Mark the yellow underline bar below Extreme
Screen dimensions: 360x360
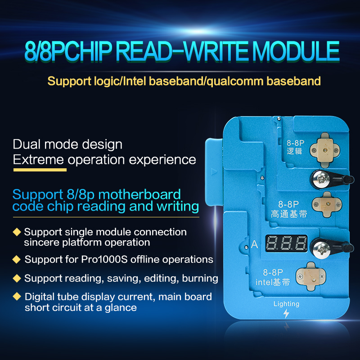point(40,170)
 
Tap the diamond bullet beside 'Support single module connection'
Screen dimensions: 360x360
point(17,232)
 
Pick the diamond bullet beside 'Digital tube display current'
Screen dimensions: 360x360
point(17,297)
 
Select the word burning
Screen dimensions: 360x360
point(200,278)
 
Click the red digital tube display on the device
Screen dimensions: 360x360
point(286,244)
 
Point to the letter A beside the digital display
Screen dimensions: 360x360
point(255,245)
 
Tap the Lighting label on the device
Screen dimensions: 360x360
point(286,304)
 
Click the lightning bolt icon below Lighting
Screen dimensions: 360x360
point(287,314)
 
